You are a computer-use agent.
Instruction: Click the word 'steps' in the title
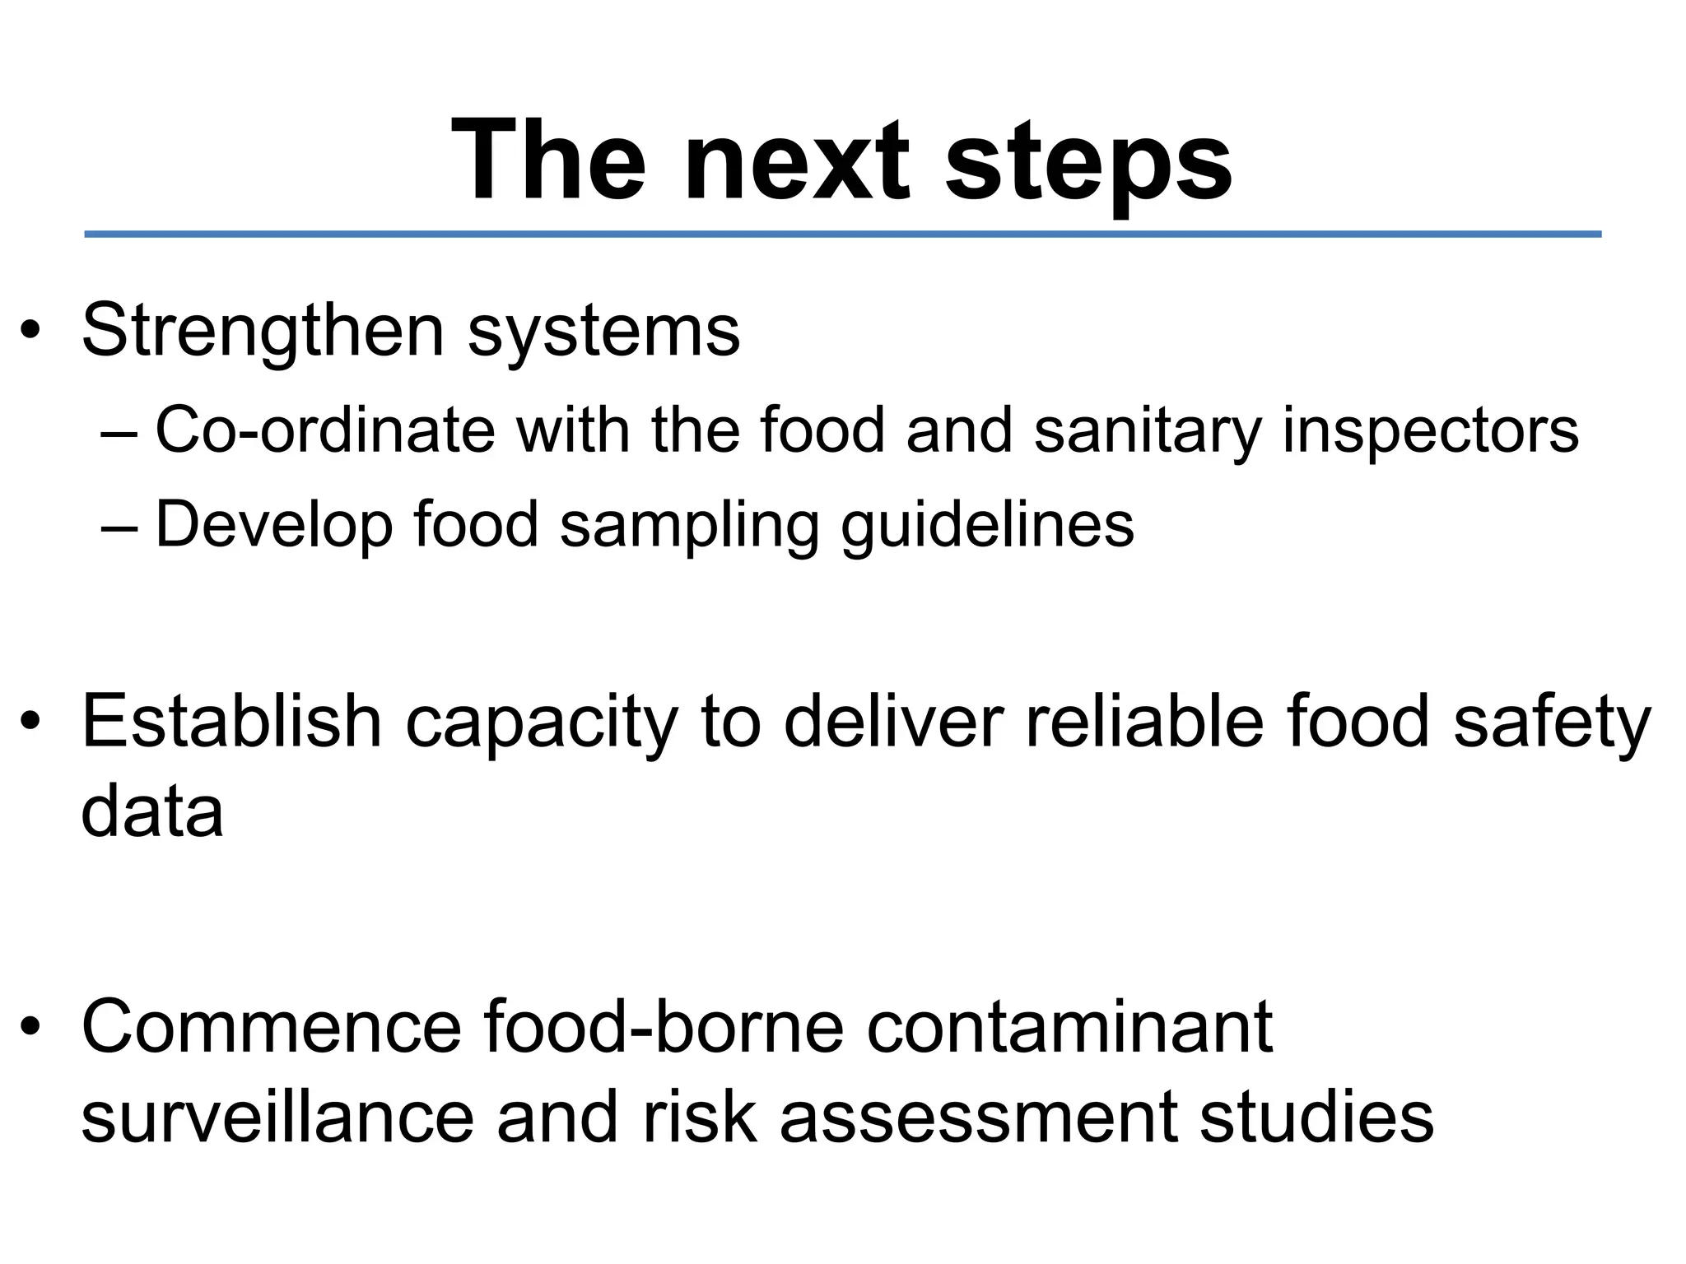point(1088,161)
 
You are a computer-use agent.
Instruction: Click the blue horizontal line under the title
point(843,235)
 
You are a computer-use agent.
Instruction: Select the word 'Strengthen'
point(263,332)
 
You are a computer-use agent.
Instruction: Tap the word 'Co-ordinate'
point(325,430)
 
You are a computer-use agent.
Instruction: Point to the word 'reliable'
point(1144,721)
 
